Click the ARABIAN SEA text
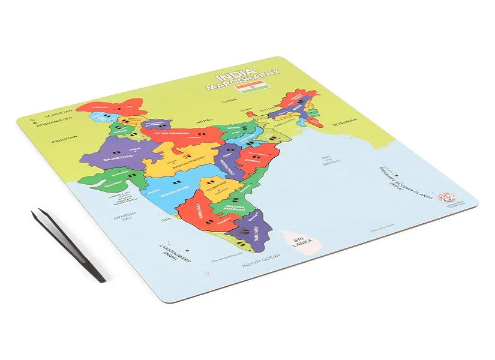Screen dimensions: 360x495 [126, 216]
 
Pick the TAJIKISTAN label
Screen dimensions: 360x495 [58, 112]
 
